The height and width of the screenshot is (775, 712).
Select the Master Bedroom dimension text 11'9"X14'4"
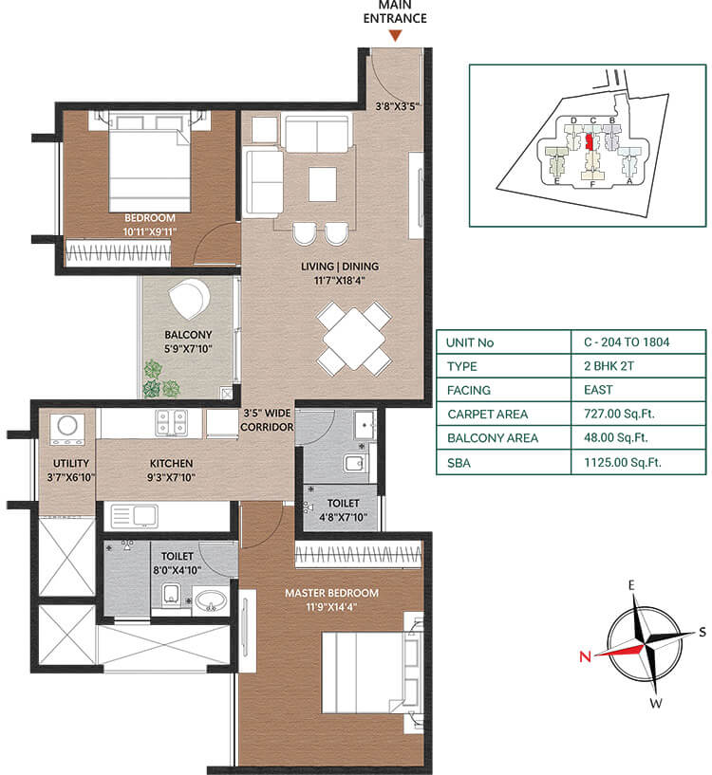click(x=331, y=608)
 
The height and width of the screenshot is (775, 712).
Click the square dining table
click(x=353, y=338)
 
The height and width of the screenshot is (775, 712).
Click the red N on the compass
click(x=586, y=655)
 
